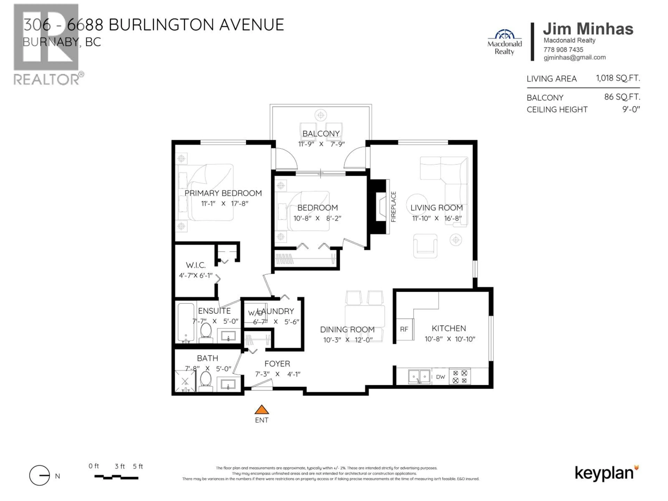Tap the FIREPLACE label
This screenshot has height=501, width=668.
tap(393, 207)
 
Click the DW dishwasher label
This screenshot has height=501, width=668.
tap(440, 377)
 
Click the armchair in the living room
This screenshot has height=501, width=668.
tap(425, 245)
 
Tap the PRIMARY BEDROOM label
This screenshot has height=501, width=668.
tap(223, 193)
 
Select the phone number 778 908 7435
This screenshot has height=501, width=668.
tap(563, 50)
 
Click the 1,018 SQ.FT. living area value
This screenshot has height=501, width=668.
tap(618, 78)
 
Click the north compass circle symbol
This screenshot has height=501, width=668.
tap(39, 475)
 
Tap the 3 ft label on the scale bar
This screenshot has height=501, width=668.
tap(120, 466)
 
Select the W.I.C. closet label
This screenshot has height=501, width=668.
tap(196, 265)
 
